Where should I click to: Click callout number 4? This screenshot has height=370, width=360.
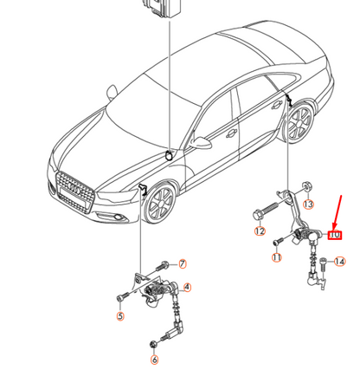pyautogui.click(x=188, y=288)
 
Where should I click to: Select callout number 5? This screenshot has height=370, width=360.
pyautogui.click(x=120, y=316)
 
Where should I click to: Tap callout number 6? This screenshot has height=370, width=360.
pyautogui.click(x=155, y=360)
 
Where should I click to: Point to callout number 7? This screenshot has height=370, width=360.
pyautogui.click(x=183, y=263)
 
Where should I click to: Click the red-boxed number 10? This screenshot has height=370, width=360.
pyautogui.click(x=335, y=235)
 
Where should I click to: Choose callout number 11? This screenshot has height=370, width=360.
pyautogui.click(x=277, y=257)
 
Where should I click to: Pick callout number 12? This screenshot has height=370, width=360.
pyautogui.click(x=260, y=231)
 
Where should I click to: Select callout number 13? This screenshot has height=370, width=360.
pyautogui.click(x=308, y=204)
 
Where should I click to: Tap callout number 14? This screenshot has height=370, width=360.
pyautogui.click(x=340, y=262)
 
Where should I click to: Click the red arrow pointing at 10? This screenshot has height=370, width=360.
pyautogui.click(x=337, y=213)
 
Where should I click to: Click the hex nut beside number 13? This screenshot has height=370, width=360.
pyautogui.click(x=306, y=186)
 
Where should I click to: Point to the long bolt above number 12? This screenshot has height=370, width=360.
pyautogui.click(x=265, y=211)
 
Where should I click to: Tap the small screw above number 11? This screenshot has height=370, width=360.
pyautogui.click(x=279, y=241)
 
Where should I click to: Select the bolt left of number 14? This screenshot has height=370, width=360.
pyautogui.click(x=324, y=264)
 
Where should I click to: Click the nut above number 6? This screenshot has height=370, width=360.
pyautogui.click(x=154, y=344)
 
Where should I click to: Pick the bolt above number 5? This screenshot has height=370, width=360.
pyautogui.click(x=122, y=296)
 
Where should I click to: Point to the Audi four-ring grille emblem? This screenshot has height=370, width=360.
pyautogui.click(x=75, y=190)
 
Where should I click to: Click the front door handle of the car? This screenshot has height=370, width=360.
pyautogui.click(x=231, y=133)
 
